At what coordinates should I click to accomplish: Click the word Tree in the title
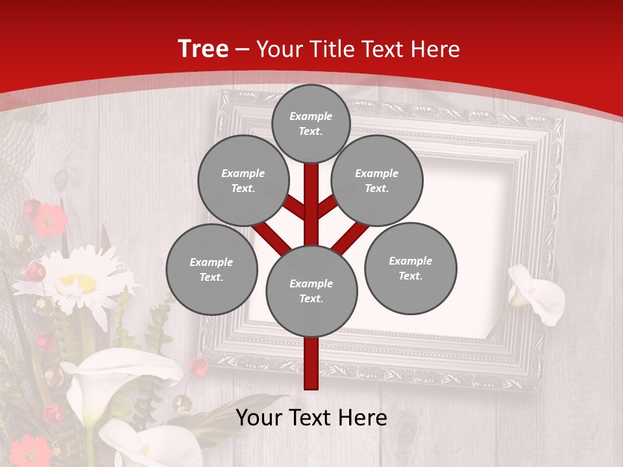click(x=203, y=49)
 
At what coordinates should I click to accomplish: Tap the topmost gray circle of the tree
click(x=311, y=123)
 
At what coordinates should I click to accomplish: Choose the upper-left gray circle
click(x=243, y=180)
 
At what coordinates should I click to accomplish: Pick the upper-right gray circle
click(x=376, y=180)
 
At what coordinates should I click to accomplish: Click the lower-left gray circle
click(x=212, y=269)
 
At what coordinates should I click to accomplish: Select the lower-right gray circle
click(x=410, y=268)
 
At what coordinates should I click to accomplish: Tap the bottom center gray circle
click(x=311, y=291)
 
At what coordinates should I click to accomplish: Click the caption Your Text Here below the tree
click(x=311, y=418)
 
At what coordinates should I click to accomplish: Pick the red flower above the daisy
click(x=49, y=219)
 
